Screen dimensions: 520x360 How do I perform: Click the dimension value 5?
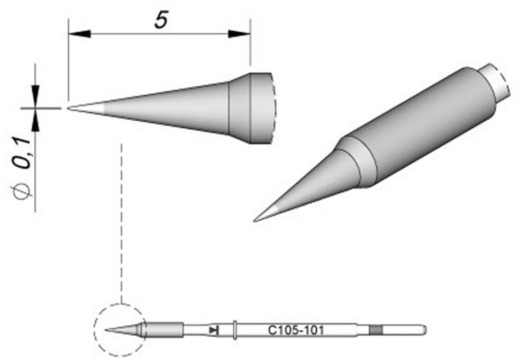[x=161, y=20]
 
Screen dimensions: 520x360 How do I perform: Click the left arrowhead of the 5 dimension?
[x=79, y=33]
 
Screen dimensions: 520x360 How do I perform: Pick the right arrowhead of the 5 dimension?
[x=239, y=33]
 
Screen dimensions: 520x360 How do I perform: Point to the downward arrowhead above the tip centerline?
[x=35, y=96]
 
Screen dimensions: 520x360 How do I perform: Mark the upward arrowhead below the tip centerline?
[x=35, y=120]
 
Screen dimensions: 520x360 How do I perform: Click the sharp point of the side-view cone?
[x=68, y=108]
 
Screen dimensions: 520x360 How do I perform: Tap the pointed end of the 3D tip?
[x=254, y=221]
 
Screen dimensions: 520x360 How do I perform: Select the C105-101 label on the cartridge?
[x=296, y=330]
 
